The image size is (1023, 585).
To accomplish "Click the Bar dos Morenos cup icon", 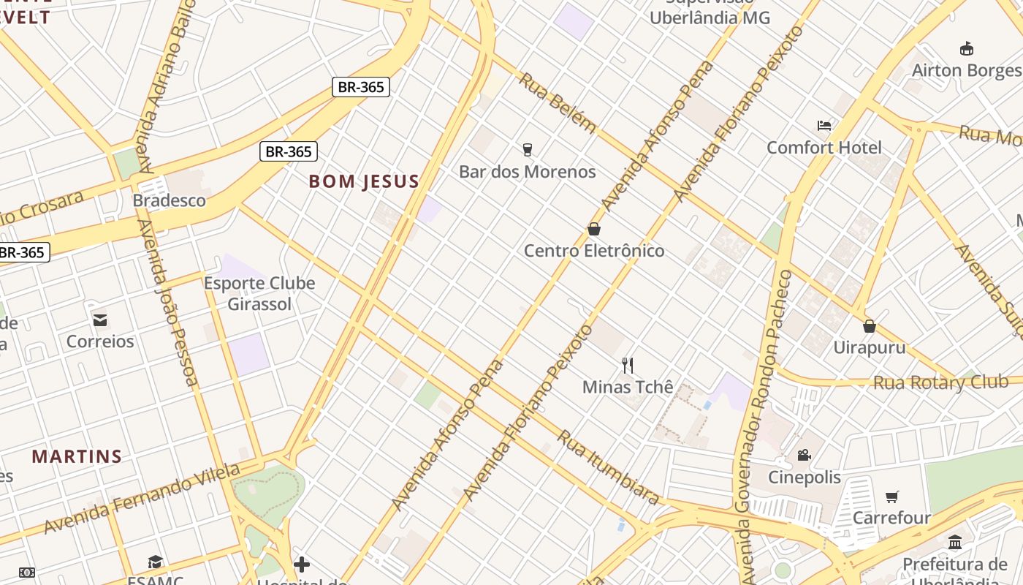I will (x=527, y=150).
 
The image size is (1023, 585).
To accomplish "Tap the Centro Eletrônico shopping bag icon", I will (x=594, y=229).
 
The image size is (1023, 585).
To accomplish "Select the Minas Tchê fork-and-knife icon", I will (x=627, y=365).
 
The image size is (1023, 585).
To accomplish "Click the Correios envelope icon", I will (x=100, y=320).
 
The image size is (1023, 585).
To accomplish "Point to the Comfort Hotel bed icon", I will (x=824, y=126).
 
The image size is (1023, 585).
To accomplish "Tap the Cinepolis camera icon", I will (x=804, y=456).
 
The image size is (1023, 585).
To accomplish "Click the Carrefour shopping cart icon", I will (x=891, y=497).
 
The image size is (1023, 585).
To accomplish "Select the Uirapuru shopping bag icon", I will (x=870, y=325).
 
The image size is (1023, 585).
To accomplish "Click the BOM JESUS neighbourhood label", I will (x=364, y=181).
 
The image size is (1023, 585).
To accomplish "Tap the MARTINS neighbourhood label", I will (x=77, y=457).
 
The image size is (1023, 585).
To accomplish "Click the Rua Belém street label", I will (x=557, y=102).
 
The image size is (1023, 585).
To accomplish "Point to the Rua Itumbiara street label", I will (x=608, y=467).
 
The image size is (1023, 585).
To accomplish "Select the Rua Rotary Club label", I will (x=940, y=382).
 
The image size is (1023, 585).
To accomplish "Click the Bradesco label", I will (x=169, y=200).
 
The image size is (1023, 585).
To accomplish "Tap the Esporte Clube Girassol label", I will (x=259, y=293).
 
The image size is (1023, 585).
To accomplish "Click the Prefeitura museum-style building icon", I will (x=954, y=542).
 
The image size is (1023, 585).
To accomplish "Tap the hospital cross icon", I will (x=302, y=565).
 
